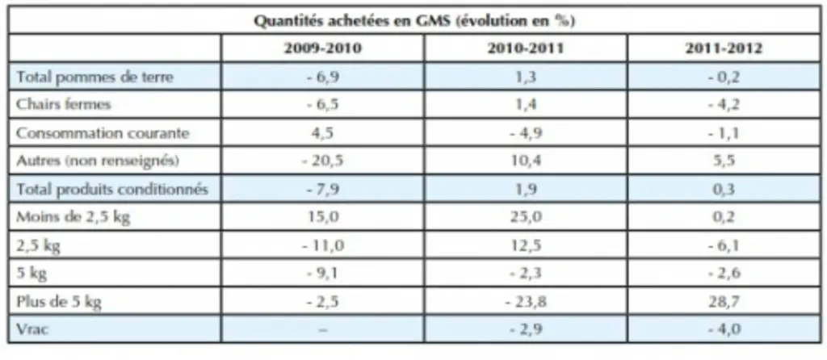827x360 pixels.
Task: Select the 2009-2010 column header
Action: pos(323,48)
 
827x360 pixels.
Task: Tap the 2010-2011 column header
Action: pos(525,48)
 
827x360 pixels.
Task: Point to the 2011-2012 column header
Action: pos(724,48)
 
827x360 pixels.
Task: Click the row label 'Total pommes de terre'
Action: pos(94,77)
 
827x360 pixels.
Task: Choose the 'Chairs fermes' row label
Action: pos(63,104)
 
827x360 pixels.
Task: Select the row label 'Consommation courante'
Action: pos(103,133)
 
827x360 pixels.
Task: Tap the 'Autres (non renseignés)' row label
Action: pos(98,161)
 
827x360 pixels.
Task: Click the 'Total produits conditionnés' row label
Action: pos(111,189)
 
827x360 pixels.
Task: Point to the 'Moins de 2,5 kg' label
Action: pos(73,217)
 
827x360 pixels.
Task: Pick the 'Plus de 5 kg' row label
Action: pos(58,302)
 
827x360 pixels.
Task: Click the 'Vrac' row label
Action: pos(33,330)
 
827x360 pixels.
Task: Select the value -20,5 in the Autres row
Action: pos(323,161)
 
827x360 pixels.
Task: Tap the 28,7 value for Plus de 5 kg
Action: pos(724,302)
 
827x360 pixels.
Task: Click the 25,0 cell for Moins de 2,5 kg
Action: pos(526,217)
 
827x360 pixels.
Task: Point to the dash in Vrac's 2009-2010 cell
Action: pos(323,330)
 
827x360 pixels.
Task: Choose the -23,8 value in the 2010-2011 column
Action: pos(525,302)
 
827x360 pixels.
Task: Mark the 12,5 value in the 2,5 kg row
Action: pos(526,245)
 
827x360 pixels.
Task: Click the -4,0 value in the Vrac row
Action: pos(724,330)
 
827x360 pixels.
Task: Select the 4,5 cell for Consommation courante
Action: pos(323,133)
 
